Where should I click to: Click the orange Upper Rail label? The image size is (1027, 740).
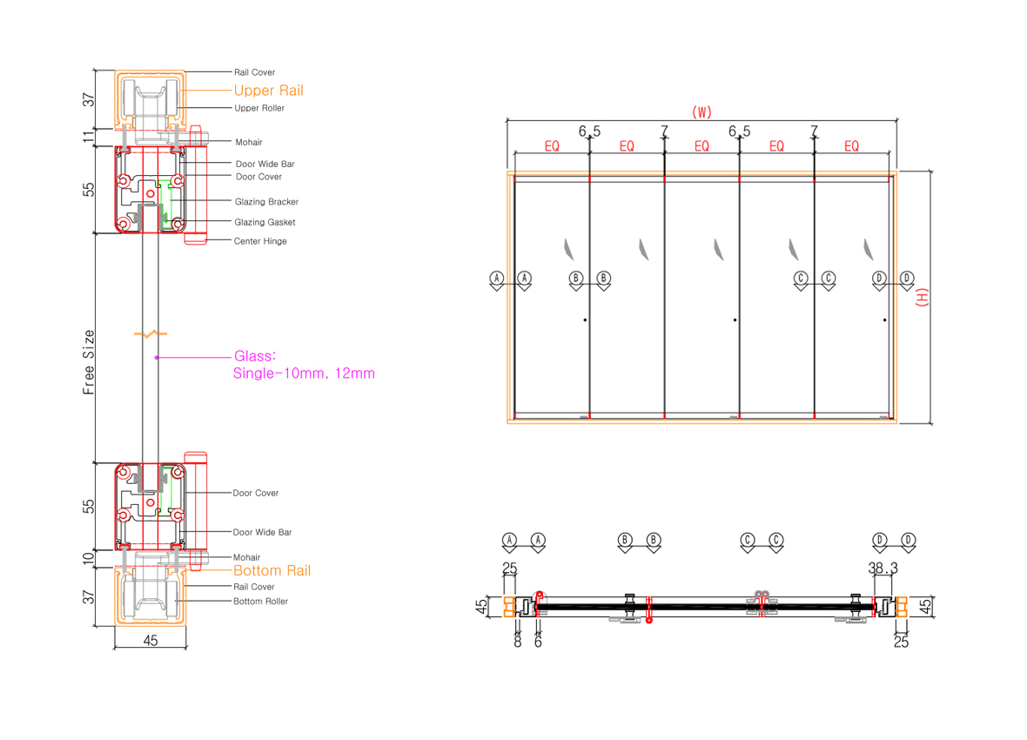(268, 91)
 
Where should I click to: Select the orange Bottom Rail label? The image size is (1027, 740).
(272, 571)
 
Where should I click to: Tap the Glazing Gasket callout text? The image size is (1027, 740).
(265, 222)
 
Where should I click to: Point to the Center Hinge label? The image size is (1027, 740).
(260, 241)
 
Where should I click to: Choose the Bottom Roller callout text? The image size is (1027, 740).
(260, 602)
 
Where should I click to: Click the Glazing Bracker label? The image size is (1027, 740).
(266, 202)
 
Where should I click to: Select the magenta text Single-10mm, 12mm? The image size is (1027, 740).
(304, 373)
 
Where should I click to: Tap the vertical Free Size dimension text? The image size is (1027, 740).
(89, 362)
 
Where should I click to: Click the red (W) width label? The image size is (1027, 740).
(701, 111)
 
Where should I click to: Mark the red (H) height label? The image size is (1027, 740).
(922, 298)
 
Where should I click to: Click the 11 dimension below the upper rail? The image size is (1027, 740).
(89, 137)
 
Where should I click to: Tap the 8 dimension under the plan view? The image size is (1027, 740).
(518, 642)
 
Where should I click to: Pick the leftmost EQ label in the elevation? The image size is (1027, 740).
(552, 146)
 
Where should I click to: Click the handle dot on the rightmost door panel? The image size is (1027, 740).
(885, 320)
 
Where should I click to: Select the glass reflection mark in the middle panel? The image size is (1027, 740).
(717, 250)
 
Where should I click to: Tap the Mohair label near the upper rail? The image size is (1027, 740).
(248, 142)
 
